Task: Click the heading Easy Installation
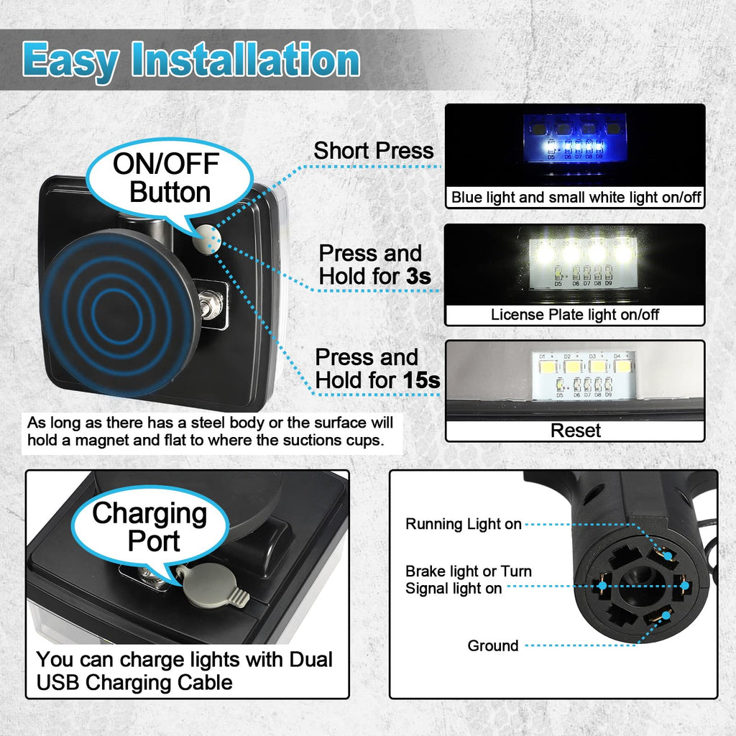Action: point(190,60)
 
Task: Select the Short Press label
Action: point(373,151)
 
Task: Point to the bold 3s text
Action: point(420,275)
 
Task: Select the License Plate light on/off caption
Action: point(574,314)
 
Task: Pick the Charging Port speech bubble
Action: point(149,526)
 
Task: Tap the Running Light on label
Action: point(464,524)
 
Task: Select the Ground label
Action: point(492,645)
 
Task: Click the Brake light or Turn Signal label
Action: point(468,579)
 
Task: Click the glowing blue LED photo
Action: point(574,147)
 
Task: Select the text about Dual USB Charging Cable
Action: point(185,670)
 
